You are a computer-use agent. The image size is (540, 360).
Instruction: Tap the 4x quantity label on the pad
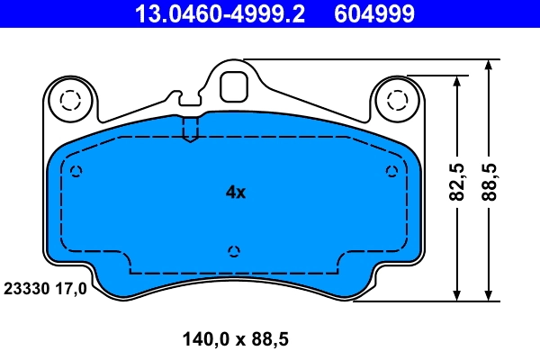(x=235, y=192)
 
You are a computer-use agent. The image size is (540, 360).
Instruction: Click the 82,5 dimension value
(x=458, y=183)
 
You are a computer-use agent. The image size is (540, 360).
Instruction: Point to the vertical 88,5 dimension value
(x=491, y=183)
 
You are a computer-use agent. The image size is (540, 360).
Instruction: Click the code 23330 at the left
(x=27, y=289)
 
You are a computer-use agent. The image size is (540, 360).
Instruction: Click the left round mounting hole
(x=69, y=99)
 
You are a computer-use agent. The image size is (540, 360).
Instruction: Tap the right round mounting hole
(x=395, y=99)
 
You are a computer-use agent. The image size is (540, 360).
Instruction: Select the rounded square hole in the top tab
(x=234, y=85)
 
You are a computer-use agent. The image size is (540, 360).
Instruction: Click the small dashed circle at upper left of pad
(x=76, y=172)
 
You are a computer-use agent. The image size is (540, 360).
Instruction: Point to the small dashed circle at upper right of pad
(x=391, y=172)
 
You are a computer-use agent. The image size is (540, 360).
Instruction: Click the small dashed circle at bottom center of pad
(x=234, y=251)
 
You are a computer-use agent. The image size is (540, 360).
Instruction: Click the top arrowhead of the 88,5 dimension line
(x=490, y=66)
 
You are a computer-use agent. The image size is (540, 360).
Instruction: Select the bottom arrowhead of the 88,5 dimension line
(x=490, y=294)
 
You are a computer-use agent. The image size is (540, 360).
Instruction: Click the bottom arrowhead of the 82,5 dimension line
(x=458, y=294)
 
